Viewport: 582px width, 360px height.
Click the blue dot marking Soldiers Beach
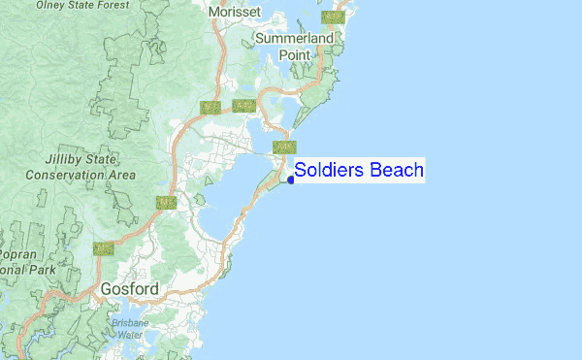pyautogui.click(x=291, y=179)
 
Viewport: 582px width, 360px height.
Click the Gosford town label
pyautogui.click(x=129, y=289)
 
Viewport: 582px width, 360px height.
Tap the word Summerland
pyautogui.click(x=294, y=39)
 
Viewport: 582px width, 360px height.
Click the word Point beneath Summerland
pyautogui.click(x=295, y=55)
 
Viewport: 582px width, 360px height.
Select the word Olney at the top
pyautogui.click(x=52, y=5)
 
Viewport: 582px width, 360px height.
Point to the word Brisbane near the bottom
pyautogui.click(x=130, y=322)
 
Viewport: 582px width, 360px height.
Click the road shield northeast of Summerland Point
pyautogui.click(x=334, y=17)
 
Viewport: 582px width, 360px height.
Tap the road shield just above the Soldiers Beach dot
pyautogui.click(x=284, y=147)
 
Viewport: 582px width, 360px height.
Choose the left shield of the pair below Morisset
pyautogui.click(x=210, y=106)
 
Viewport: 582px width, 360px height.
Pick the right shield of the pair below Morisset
pyautogui.click(x=243, y=105)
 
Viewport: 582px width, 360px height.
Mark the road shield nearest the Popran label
pyautogui.click(x=103, y=248)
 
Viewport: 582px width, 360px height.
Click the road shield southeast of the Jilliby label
pyautogui.click(x=166, y=202)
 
